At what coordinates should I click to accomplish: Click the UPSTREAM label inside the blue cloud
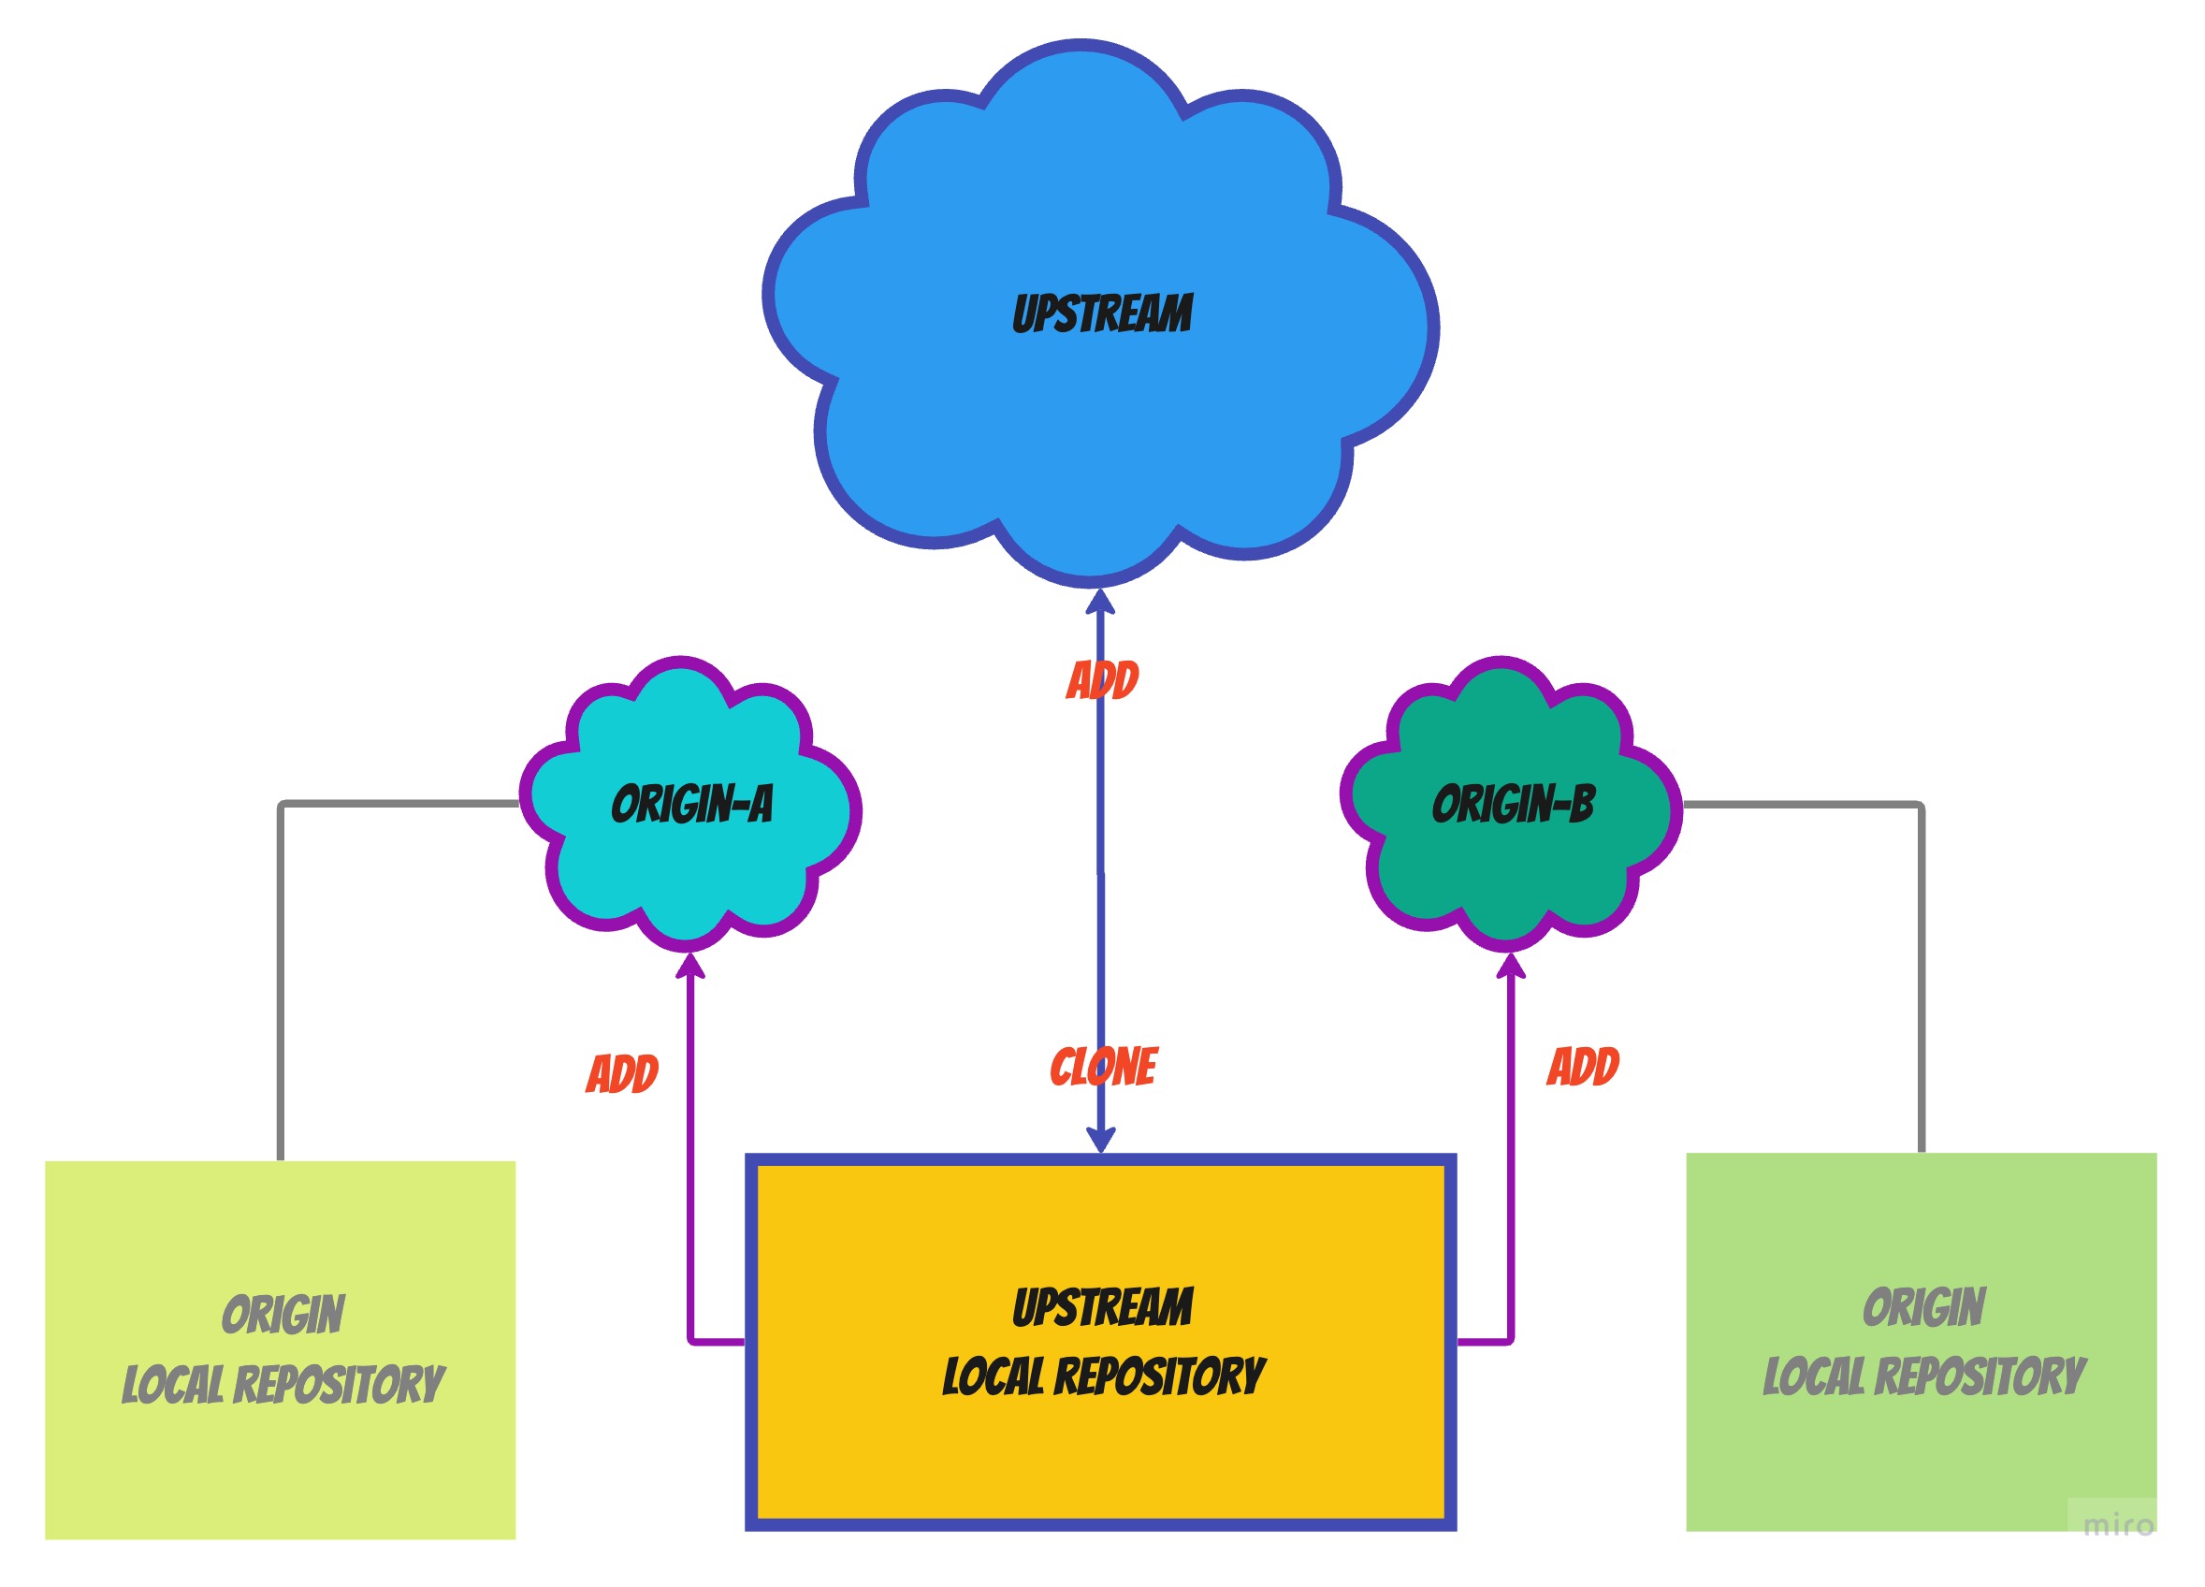1102,314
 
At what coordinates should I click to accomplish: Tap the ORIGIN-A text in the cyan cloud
692,804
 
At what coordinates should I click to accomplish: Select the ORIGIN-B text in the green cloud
1513,804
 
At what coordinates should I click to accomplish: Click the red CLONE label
1104,1068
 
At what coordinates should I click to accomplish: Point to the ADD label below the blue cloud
1102,679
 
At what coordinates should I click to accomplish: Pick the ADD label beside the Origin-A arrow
622,1073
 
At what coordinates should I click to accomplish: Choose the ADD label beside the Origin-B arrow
1583,1067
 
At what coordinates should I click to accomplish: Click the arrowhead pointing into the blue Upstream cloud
1099,602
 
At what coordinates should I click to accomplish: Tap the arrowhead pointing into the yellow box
1100,1139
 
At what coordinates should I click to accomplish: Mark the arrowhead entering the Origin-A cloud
689,966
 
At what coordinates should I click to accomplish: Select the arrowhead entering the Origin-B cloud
1510,965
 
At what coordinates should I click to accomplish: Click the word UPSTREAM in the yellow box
1102,1307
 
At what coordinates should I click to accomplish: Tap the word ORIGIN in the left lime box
283,1315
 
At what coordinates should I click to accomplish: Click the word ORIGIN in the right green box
1924,1307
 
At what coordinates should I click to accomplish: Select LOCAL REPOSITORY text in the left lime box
283,1385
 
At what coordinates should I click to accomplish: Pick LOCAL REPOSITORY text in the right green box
1924,1377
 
